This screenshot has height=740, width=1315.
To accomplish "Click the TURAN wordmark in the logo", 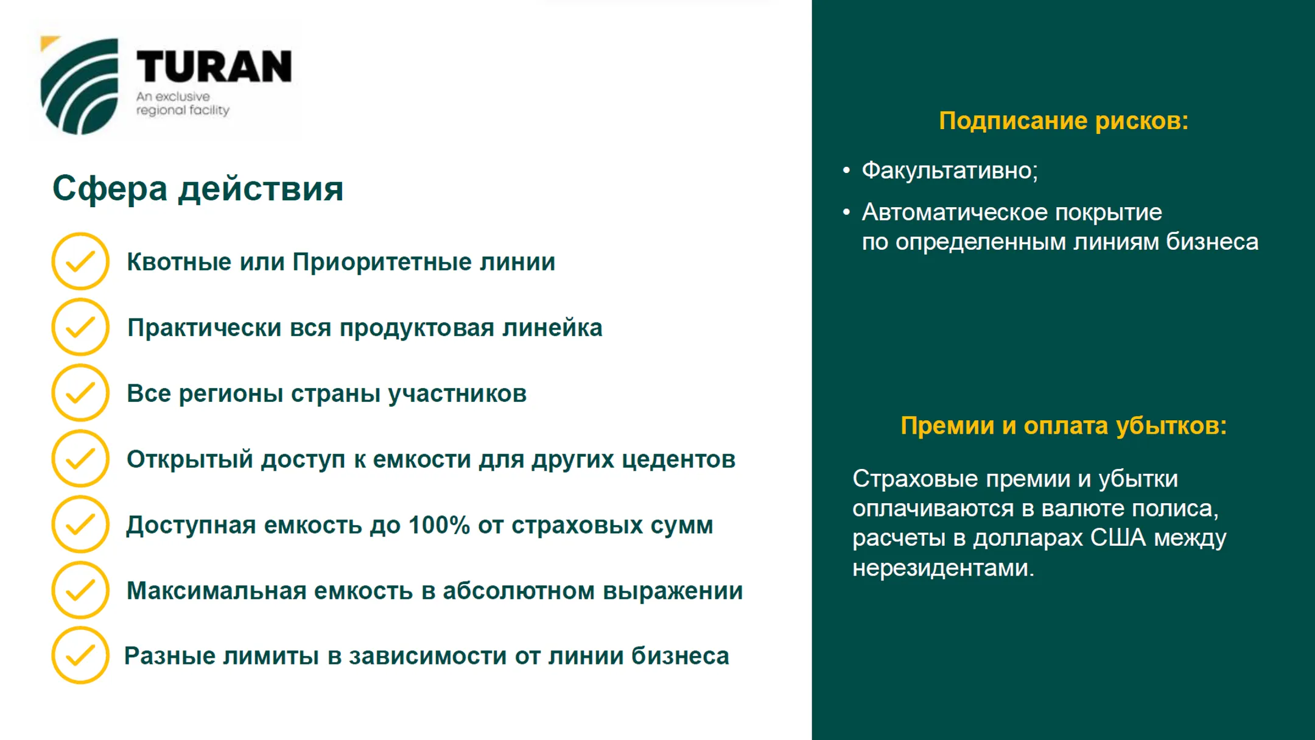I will point(214,66).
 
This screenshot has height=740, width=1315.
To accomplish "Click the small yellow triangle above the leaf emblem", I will point(48,43).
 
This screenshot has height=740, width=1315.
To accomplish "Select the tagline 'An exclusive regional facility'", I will point(182,104).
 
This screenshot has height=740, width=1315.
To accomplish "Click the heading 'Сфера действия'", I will point(198,188).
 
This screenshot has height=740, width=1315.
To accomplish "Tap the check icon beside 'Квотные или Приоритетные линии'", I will point(80,261).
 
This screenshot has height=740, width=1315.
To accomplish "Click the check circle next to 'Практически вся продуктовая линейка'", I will point(80,327).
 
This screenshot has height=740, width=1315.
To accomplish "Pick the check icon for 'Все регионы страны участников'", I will point(80,393).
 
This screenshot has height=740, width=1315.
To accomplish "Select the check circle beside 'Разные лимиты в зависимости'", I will point(80,655).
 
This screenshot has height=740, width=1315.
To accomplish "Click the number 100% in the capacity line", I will point(438,525).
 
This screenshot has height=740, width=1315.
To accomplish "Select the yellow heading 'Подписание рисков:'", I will point(1063,121).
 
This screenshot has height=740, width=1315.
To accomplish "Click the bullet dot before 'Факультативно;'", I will point(846,170).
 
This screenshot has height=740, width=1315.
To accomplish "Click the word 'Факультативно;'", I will point(950,170).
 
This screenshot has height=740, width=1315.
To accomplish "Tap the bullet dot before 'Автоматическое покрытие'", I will point(846,212).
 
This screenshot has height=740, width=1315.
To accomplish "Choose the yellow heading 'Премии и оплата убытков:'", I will point(1063,425).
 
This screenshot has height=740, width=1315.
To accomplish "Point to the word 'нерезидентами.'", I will point(943,568).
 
